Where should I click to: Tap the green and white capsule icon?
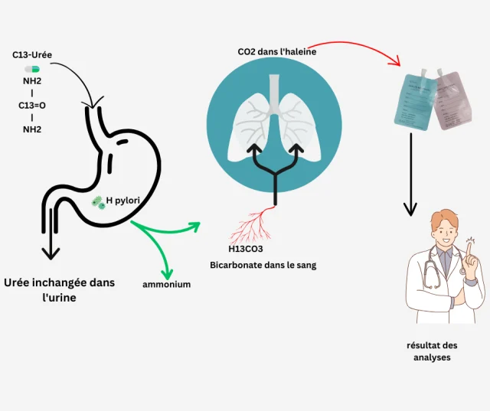coord(31,69)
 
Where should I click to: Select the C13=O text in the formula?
coord(32,105)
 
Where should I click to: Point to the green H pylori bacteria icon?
coord(98,203)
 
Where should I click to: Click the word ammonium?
coord(166,284)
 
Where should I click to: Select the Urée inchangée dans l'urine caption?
coord(59,289)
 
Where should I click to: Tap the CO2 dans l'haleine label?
coord(276,51)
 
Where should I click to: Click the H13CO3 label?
coord(246,249)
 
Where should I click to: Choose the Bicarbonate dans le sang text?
coord(263,265)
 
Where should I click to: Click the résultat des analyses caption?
coord(433,351)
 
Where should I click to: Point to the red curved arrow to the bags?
coord(360,46)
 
